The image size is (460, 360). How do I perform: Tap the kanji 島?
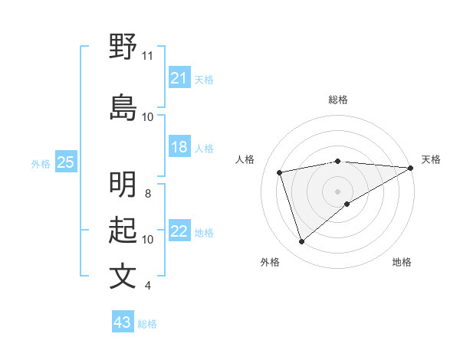pyautogui.click(x=123, y=107)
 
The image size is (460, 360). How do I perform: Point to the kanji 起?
pyautogui.click(x=123, y=230)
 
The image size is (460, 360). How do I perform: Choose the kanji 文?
pyautogui.click(x=123, y=276)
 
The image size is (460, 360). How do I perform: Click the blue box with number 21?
pyautogui.click(x=179, y=78)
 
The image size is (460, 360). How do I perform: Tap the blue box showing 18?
pyautogui.click(x=179, y=147)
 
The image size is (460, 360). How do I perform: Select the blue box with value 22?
pyautogui.click(x=179, y=232)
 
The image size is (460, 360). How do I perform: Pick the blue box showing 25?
pyautogui.click(x=65, y=162)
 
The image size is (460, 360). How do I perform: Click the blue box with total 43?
pyautogui.click(x=122, y=322)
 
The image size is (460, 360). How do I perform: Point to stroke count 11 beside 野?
pyautogui.click(x=147, y=56)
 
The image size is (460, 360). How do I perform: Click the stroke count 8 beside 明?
pyautogui.click(x=148, y=194)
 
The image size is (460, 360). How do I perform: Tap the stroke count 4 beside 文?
pyautogui.click(x=148, y=286)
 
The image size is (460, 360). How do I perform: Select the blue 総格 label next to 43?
pyautogui.click(x=147, y=324)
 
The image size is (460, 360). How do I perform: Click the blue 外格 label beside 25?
pyautogui.click(x=40, y=163)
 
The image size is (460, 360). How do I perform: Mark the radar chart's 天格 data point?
pyautogui.click(x=411, y=168)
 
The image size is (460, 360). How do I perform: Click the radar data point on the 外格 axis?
pyautogui.click(x=301, y=242)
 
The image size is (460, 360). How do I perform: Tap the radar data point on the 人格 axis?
pyautogui.click(x=280, y=172)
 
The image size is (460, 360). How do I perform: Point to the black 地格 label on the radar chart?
pyautogui.click(x=402, y=262)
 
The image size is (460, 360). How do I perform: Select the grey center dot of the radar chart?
pyautogui.click(x=337, y=191)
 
